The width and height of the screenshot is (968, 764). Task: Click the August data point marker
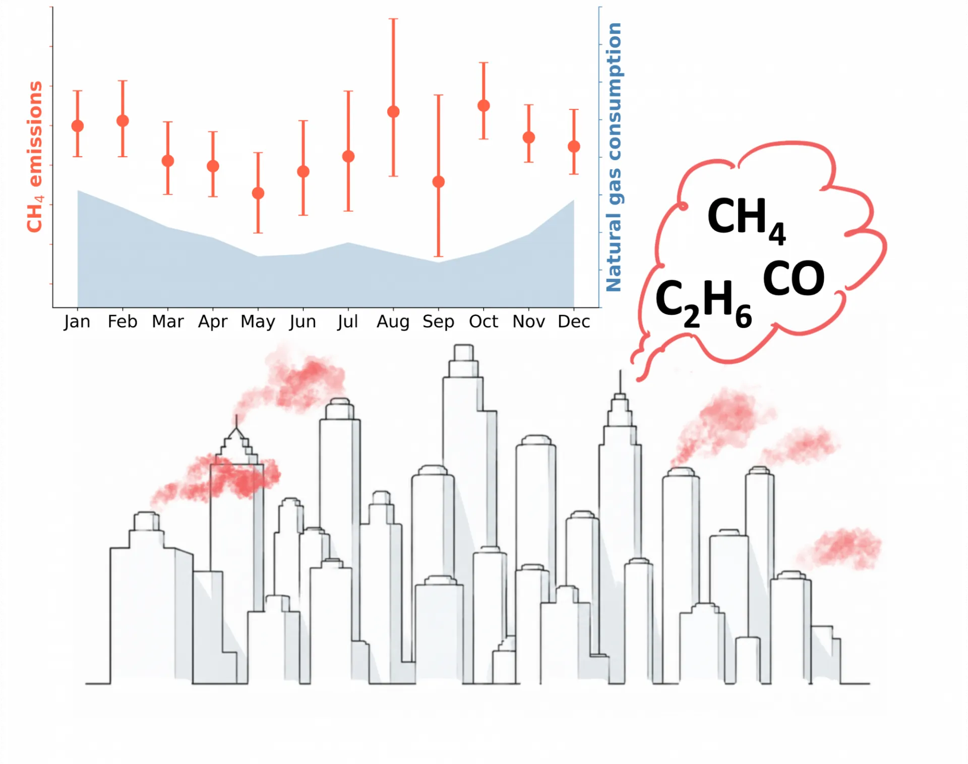point(393,112)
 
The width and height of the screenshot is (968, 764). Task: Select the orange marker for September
point(439,181)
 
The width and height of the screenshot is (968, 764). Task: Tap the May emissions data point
point(258,193)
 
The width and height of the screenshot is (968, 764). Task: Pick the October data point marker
point(483,105)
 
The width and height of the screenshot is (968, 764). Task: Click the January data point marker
point(78,125)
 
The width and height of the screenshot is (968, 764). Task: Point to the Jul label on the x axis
point(348,322)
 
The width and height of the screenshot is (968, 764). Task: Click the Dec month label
point(574,322)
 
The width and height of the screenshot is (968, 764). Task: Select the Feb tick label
point(123,322)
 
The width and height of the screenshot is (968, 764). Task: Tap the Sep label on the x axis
point(439,322)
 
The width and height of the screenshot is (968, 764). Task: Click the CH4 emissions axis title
point(35,157)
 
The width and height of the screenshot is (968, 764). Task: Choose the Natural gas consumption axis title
point(614,157)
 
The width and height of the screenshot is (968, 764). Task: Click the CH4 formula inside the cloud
point(746,220)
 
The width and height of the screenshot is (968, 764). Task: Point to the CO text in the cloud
point(794,278)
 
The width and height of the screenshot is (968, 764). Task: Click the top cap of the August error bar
point(393,19)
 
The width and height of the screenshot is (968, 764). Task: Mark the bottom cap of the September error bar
point(439,257)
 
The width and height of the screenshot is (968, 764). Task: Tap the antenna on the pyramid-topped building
point(236,421)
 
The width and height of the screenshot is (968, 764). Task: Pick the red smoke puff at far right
point(840,548)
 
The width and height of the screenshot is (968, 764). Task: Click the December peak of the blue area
point(574,200)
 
